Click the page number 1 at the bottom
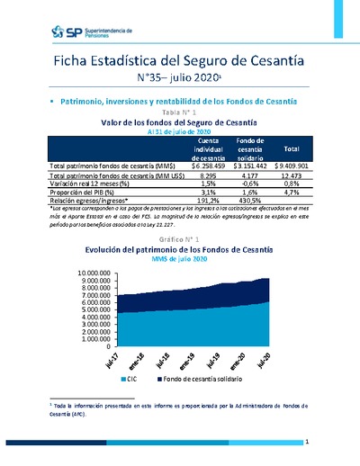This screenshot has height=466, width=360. click(x=307, y=442)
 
